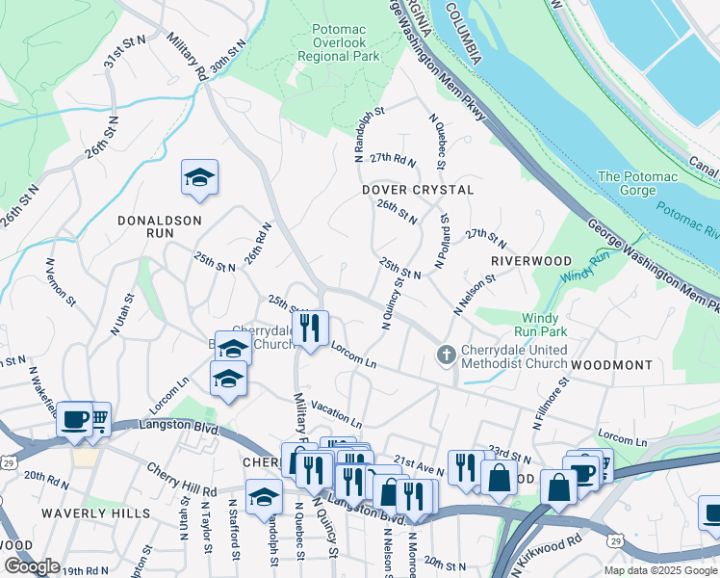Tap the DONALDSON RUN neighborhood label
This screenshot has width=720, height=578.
pyautogui.click(x=160, y=221)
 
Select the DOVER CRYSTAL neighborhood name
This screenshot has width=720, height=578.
pyautogui.click(x=418, y=190)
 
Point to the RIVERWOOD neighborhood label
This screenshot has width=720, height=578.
pyautogui.click(x=531, y=261)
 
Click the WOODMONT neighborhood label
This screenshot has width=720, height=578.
pyautogui.click(x=611, y=366)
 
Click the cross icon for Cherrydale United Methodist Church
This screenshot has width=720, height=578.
pyautogui.click(x=446, y=355)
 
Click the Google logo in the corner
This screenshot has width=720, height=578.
pyautogui.click(x=32, y=566)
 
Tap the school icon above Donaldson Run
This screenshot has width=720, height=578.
pyautogui.click(x=199, y=178)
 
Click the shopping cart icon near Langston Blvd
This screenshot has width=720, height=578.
pyautogui.click(x=99, y=417)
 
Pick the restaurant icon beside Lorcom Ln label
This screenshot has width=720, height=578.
pyautogui.click(x=310, y=328)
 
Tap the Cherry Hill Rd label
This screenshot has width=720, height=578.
pyautogui.click(x=181, y=480)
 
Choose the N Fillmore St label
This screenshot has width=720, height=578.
pyautogui.click(x=551, y=402)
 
